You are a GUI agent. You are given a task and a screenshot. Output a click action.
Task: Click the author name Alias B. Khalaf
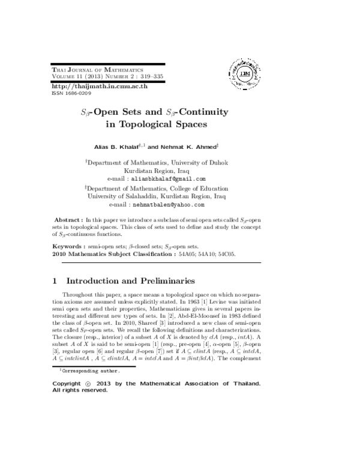(115, 147)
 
